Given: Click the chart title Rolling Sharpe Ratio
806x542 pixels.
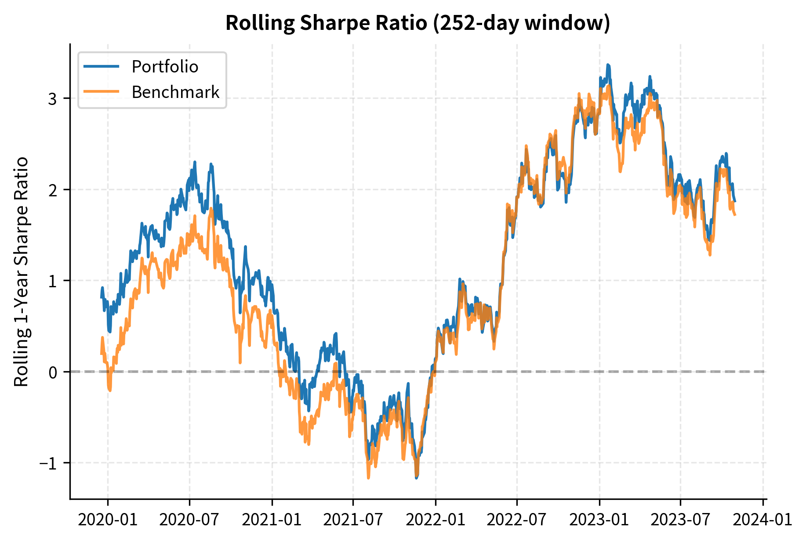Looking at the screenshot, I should pyautogui.click(x=418, y=23).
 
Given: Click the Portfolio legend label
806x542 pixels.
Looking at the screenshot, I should pyautogui.click(x=165, y=67).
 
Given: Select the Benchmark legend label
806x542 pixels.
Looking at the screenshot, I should pyautogui.click(x=175, y=92).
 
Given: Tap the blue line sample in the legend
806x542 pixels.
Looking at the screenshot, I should pyautogui.click(x=101, y=67).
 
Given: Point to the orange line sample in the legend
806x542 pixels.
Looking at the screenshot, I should pyautogui.click(x=101, y=92).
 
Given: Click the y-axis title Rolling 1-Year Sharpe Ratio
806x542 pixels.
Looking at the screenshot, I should pyautogui.click(x=21, y=271).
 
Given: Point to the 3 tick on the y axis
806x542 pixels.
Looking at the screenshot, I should pyautogui.click(x=53, y=99).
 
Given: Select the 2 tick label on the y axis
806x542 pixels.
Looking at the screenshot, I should pyautogui.click(x=53, y=190).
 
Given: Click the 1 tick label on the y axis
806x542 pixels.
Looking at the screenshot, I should pyautogui.click(x=53, y=281).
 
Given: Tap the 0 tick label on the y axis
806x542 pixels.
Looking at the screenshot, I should pyautogui.click(x=53, y=372).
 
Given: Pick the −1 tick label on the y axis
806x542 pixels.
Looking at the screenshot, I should pyautogui.click(x=48, y=463).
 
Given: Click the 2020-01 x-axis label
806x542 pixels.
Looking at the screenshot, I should pyautogui.click(x=108, y=520).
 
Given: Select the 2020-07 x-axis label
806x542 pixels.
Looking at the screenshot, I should pyautogui.click(x=189, y=520).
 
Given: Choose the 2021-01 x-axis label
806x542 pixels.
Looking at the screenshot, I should pyautogui.click(x=272, y=520).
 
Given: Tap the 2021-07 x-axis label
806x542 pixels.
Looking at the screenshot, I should pyautogui.click(x=353, y=520).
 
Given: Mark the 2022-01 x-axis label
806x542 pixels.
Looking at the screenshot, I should pyautogui.click(x=435, y=520).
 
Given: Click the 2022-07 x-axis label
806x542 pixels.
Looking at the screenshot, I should pyautogui.click(x=517, y=520).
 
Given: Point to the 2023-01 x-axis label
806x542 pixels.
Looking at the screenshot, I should pyautogui.click(x=599, y=520).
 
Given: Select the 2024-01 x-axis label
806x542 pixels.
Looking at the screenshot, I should pyautogui.click(x=762, y=520).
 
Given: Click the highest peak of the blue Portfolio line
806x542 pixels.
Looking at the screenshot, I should pyautogui.click(x=608, y=65).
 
